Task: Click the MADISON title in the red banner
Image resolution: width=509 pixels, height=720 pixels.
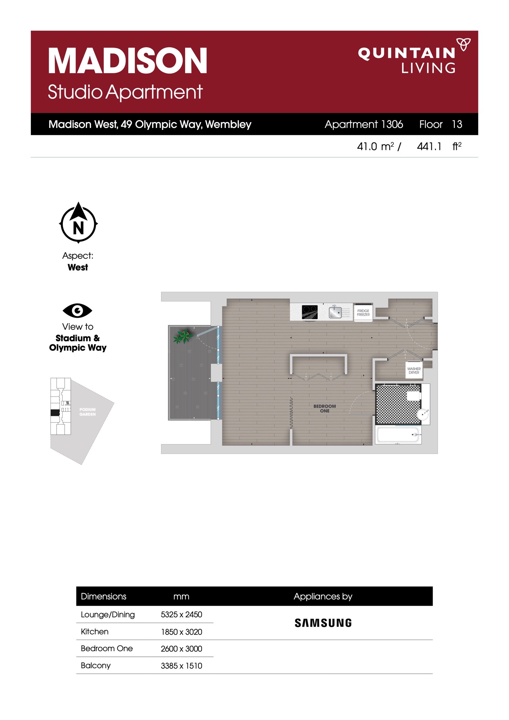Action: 128,61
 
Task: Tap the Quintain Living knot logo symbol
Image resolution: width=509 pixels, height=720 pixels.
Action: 464,44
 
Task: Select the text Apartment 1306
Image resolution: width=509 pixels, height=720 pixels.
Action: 364,124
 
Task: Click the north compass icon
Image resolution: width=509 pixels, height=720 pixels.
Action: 78,223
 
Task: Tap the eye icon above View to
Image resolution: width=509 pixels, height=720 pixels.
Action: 77,310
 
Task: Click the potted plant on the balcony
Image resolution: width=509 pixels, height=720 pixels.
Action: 183,336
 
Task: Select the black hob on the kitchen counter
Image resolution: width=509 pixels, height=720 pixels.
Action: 310,312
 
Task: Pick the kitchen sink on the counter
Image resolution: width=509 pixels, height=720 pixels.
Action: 335,312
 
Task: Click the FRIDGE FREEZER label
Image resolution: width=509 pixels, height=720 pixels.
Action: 363,313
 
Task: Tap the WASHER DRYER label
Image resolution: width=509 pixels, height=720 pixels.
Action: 414,370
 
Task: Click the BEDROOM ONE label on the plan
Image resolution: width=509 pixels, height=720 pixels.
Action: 325,409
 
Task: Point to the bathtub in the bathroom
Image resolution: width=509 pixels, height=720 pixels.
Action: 398,435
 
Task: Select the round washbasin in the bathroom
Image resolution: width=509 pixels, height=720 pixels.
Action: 423,415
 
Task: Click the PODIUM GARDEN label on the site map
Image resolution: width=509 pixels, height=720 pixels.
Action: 87,412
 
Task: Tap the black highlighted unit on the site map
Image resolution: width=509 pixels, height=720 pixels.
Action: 55,413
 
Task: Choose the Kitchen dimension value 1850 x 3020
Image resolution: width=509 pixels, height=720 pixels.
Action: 181,632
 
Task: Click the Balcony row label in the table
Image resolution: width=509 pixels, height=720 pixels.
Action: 96,665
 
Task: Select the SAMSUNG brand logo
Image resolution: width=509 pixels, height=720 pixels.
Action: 323,623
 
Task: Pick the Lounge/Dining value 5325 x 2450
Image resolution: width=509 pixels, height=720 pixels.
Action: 181,614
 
